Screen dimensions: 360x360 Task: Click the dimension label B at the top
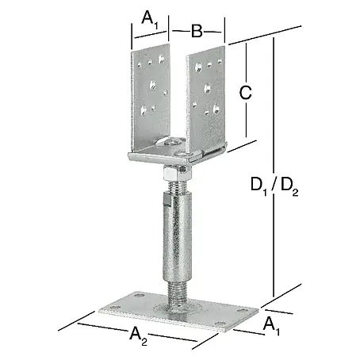pos(197,31)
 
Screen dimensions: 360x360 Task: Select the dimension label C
pos(245,93)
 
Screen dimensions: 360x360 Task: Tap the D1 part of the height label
pos(259,185)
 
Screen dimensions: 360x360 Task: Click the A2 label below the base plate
pos(139,335)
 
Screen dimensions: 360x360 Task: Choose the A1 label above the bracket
pos(150,20)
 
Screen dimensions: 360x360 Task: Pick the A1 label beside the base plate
pos(271,326)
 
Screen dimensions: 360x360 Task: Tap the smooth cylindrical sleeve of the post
pos(177,238)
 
